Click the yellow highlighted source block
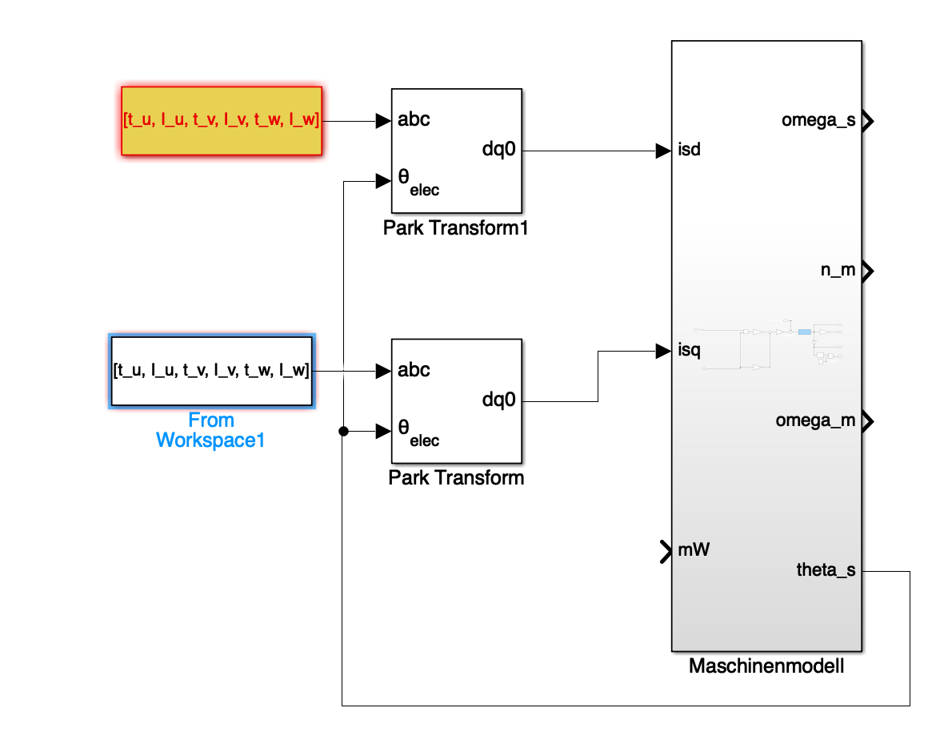(x=221, y=120)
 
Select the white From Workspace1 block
(x=211, y=371)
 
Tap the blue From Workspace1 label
(x=211, y=430)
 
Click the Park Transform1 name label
(x=456, y=228)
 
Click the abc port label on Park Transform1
(x=414, y=120)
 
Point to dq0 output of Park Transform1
(x=498, y=149)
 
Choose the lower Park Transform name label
(x=456, y=478)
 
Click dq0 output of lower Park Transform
(x=498, y=400)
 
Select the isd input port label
(x=689, y=150)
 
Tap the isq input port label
(x=689, y=350)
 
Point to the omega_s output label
(x=818, y=121)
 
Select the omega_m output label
(x=815, y=420)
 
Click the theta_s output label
(x=826, y=570)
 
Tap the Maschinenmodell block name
(x=766, y=666)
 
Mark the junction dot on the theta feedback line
(x=343, y=432)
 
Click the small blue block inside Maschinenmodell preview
(x=805, y=332)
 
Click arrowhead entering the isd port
(x=663, y=150)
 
